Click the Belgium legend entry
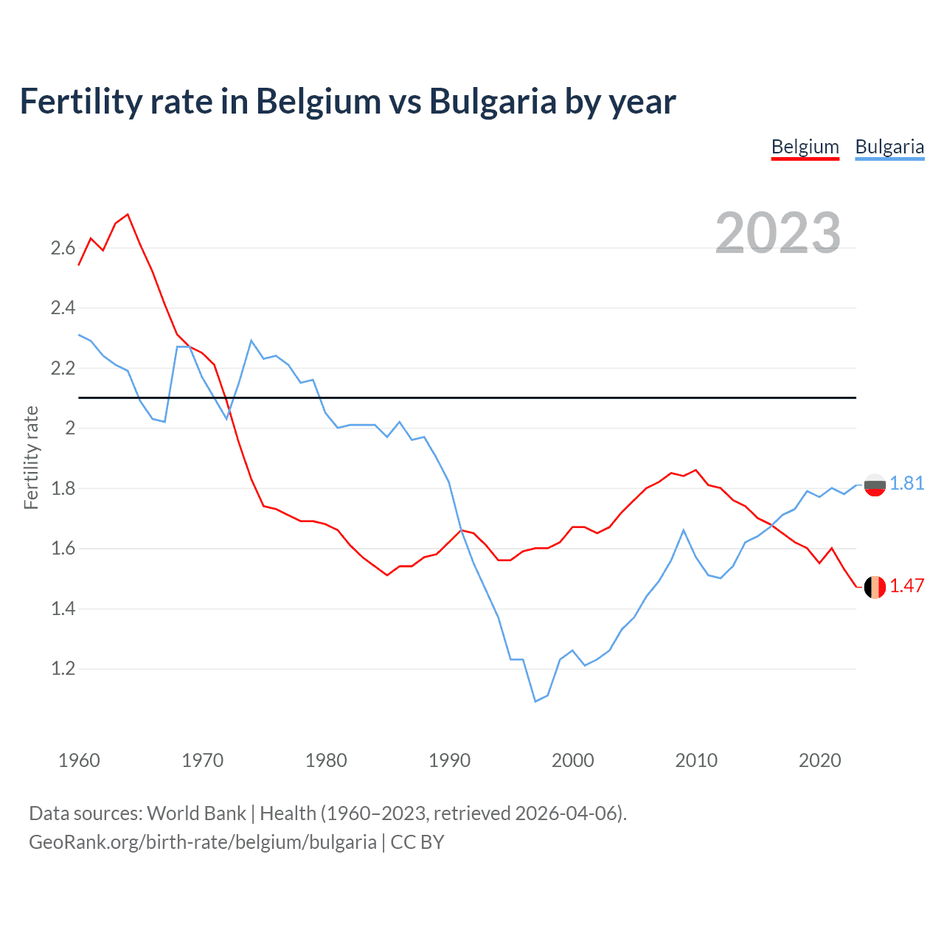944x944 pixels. tap(805, 147)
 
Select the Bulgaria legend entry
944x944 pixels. tap(889, 147)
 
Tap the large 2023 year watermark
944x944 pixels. tap(778, 233)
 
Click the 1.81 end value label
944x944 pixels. tap(906, 483)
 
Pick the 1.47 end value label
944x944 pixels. tap(906, 586)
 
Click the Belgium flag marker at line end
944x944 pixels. tap(875, 587)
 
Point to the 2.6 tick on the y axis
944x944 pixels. tap(63, 248)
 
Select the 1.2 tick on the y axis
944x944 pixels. tap(63, 669)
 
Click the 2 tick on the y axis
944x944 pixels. tap(71, 428)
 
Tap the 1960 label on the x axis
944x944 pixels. tap(79, 760)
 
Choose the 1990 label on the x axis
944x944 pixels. tap(449, 760)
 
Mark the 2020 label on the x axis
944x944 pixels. tap(819, 760)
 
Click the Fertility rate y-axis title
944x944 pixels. tap(31, 457)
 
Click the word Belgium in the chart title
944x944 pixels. tap(319, 101)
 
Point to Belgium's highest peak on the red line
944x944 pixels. tap(128, 215)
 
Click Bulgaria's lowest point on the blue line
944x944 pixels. tap(535, 701)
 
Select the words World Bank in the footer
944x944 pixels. tap(196, 813)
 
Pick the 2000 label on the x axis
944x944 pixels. tap(572, 760)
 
